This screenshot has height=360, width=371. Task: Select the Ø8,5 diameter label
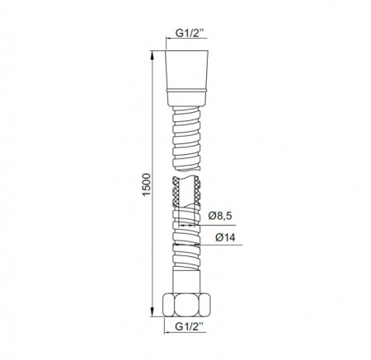(223, 215)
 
